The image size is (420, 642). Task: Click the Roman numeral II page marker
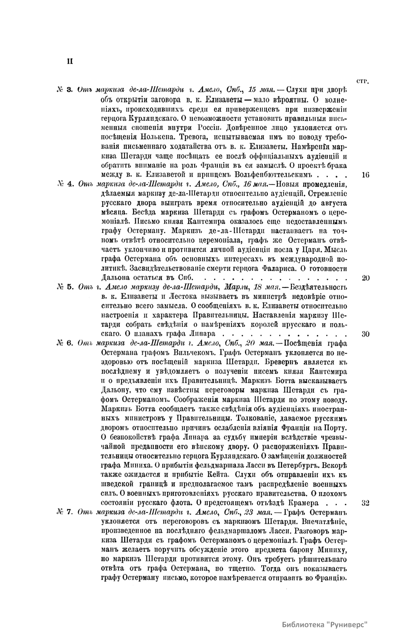coord(70,61)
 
